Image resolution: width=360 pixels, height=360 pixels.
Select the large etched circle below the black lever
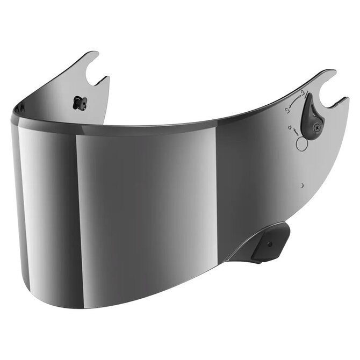302,143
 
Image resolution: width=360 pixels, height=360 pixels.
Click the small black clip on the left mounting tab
80,103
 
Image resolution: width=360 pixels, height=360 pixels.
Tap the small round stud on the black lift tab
269,244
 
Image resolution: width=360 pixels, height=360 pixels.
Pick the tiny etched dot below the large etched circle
303,185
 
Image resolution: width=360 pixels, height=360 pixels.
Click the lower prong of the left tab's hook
104,80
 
